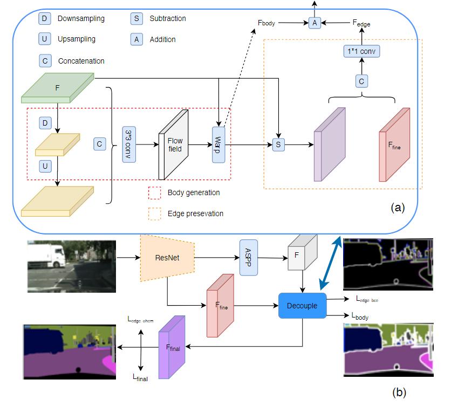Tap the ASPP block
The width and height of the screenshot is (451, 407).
click(x=249, y=258)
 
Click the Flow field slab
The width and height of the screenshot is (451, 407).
click(x=174, y=145)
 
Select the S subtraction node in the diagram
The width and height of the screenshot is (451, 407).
click(x=278, y=144)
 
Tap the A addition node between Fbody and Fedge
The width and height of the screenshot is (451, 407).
click(x=315, y=23)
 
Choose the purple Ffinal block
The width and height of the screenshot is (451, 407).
click(x=172, y=347)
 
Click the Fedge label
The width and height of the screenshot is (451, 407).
click(x=361, y=23)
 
